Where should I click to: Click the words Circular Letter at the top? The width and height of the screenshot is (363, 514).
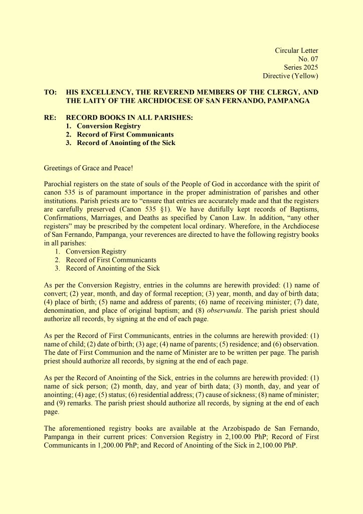[x=296, y=50]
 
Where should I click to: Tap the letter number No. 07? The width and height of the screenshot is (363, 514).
[x=308, y=59]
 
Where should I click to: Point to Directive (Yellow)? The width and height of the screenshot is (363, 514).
[x=290, y=76]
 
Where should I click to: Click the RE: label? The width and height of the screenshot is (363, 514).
[x=50, y=118]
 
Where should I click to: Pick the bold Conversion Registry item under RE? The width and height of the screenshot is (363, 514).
[x=108, y=126]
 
